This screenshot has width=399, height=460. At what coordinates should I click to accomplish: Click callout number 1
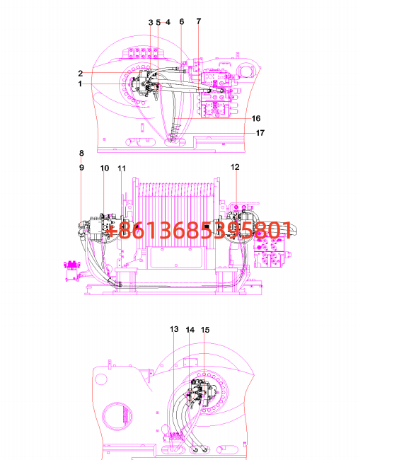coord(80,84)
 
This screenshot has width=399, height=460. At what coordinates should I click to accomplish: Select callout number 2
coord(81,74)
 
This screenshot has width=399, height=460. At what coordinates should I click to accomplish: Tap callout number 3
coord(151,23)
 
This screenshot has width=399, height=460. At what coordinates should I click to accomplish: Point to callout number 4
coord(168,23)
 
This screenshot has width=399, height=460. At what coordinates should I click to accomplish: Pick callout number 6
coord(182,22)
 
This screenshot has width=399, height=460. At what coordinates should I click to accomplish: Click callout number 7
coord(199,21)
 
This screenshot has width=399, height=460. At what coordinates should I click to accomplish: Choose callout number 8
coord(81,153)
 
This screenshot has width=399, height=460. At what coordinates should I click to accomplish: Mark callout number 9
coord(81,168)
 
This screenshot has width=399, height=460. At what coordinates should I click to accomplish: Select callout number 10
coord(105,168)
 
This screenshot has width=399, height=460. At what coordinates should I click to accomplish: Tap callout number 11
coord(122,168)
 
